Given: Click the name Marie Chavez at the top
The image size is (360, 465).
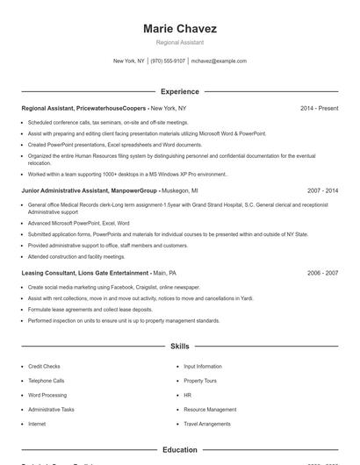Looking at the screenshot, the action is [x=179, y=29].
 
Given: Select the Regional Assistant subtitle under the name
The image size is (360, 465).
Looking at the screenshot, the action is [x=179, y=42].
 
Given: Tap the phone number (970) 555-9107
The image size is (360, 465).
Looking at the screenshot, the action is [x=168, y=61].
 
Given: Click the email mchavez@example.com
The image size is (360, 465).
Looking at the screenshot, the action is [x=219, y=61].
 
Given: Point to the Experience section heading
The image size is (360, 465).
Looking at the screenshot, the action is [x=179, y=91].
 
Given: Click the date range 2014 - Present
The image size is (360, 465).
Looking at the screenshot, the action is [x=319, y=108].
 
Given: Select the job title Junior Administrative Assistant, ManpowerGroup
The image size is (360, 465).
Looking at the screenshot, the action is [x=89, y=215].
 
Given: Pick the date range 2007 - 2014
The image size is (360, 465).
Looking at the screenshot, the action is [x=322, y=215].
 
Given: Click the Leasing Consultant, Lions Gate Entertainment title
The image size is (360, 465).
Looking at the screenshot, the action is [x=84, y=273].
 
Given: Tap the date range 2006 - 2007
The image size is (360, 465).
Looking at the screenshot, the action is [x=322, y=273].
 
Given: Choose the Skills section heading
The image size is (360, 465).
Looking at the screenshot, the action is [x=179, y=347].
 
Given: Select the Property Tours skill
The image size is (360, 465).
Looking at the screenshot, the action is [x=199, y=381].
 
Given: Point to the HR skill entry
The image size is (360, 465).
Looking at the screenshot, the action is [x=187, y=395].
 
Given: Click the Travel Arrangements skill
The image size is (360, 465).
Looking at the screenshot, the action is [x=206, y=424].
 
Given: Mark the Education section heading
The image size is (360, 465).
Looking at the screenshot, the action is [x=179, y=450].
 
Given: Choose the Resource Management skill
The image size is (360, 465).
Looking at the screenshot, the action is [x=210, y=410].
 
